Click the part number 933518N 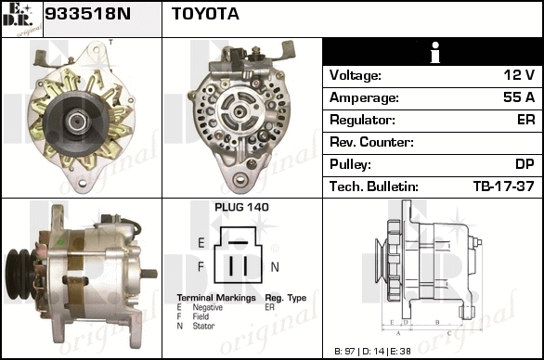pyautogui.click(x=88, y=14)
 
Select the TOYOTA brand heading pyautogui.click(x=205, y=14)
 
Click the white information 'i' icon pyautogui.click(x=434, y=53)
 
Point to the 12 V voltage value pyautogui.click(x=519, y=75)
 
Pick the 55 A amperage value pyautogui.click(x=519, y=97)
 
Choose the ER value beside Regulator pyautogui.click(x=526, y=120)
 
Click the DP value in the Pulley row pyautogui.click(x=525, y=164)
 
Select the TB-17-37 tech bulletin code pyautogui.click(x=504, y=186)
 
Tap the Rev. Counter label pyautogui.click(x=371, y=142)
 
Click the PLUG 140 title pyautogui.click(x=241, y=207)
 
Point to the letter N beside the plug pyautogui.click(x=275, y=266)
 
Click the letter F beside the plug pyautogui.click(x=201, y=266)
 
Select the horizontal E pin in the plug pyautogui.click(x=239, y=242)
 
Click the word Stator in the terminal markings pyautogui.click(x=203, y=326)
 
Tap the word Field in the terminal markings pyautogui.click(x=201, y=316)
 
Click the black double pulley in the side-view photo pyautogui.click(x=20, y=274)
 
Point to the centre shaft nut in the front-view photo pyautogui.click(x=78, y=121)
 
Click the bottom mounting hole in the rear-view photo pyautogui.click(x=240, y=180)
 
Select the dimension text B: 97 pyautogui.click(x=344, y=352)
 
